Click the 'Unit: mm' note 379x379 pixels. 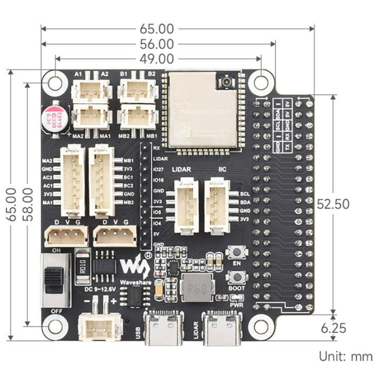346,356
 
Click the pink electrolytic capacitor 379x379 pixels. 55,120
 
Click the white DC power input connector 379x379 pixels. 94,327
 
